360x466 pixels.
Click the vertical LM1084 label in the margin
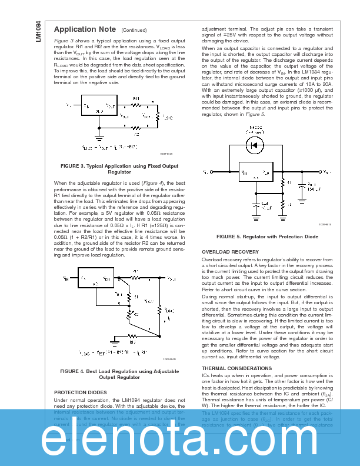click(x=38, y=32)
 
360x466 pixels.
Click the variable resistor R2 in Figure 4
click(x=129, y=314)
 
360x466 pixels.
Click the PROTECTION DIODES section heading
click(x=81, y=392)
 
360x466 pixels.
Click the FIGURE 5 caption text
click(x=267, y=237)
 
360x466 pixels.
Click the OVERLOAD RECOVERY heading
click(x=230, y=252)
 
